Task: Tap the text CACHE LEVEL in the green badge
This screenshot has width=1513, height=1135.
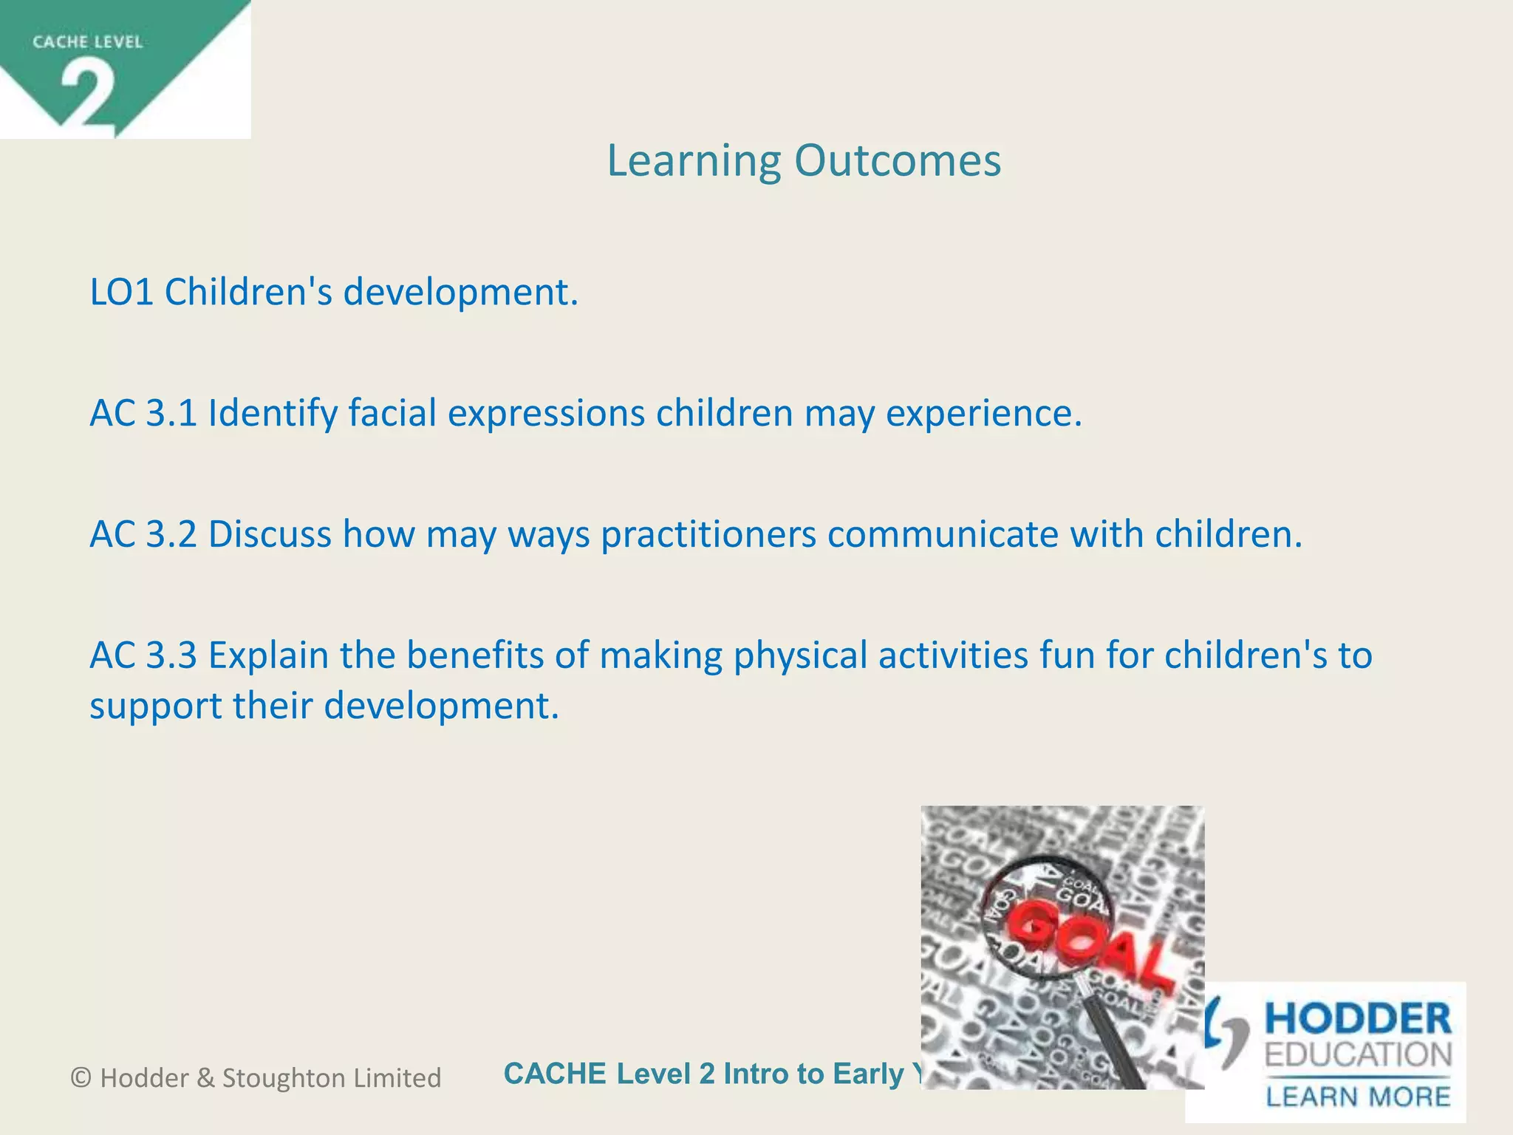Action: point(87,42)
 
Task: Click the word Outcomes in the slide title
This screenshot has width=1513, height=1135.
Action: point(898,160)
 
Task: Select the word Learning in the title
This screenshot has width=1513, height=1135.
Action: point(694,162)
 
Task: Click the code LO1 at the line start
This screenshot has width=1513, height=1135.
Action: point(121,292)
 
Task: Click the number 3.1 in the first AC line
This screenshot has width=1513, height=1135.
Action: point(171,412)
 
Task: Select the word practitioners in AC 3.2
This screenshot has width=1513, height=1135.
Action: point(708,534)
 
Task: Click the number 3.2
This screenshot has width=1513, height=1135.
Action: point(171,534)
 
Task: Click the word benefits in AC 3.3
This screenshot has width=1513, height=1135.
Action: point(474,655)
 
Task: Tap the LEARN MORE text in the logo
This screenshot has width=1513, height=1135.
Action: point(1358,1097)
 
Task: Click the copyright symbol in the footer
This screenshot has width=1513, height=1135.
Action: point(81,1078)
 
